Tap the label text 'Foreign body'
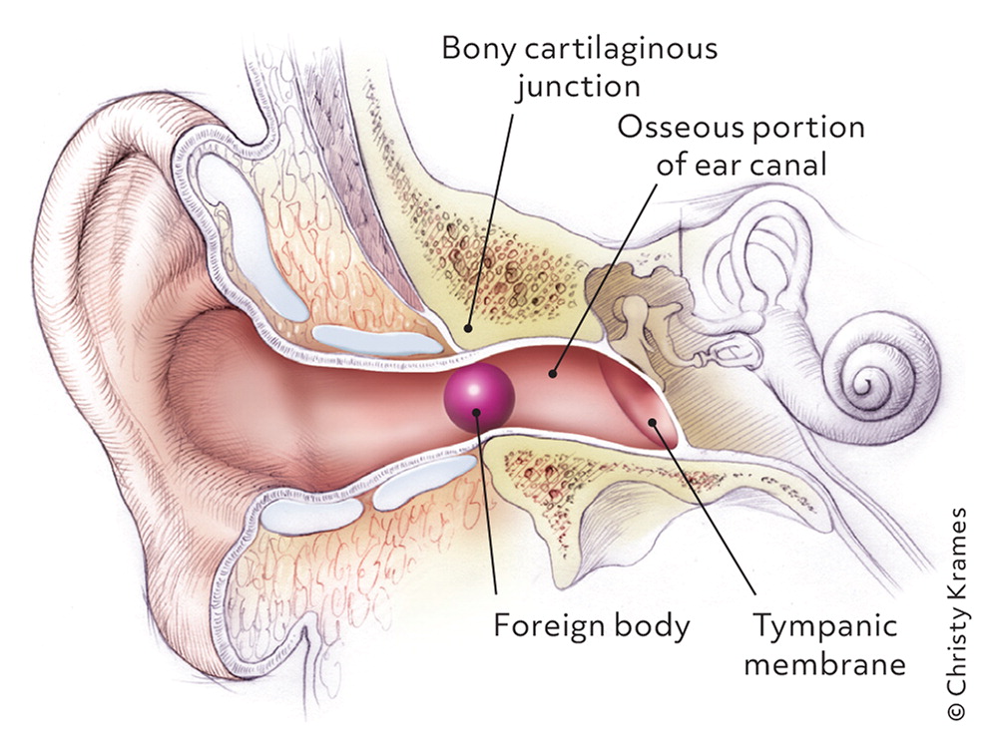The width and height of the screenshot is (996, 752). (592, 626)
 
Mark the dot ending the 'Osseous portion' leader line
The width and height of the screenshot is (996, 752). (554, 375)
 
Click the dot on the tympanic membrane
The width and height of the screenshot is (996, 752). (654, 424)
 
